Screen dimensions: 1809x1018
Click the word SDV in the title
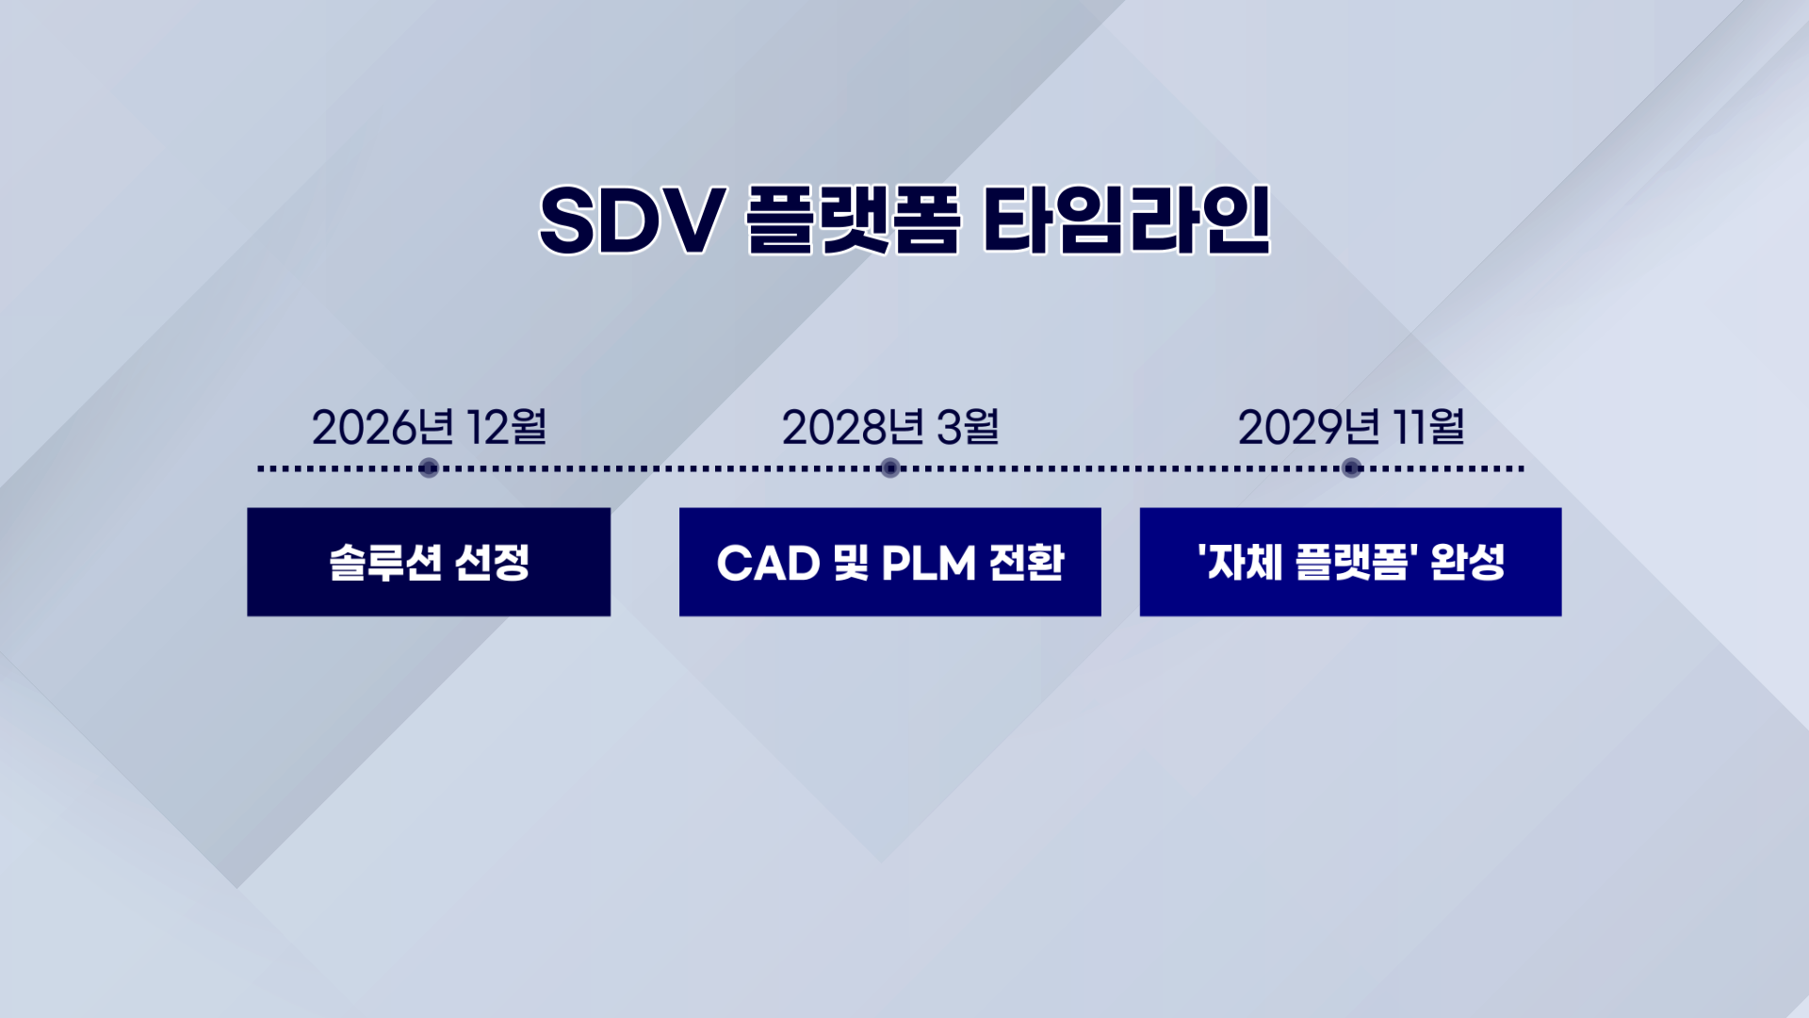631,221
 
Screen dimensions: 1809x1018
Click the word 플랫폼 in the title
853,221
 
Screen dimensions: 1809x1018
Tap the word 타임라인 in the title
1127,221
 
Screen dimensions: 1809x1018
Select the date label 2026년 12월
429,427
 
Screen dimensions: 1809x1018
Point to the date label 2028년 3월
890,427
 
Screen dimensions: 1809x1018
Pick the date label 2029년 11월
1351,427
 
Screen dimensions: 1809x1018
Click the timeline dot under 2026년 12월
429,468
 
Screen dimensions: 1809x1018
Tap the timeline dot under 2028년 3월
890,468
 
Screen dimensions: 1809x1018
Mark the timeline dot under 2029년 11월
1352,468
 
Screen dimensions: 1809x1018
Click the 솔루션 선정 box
429,562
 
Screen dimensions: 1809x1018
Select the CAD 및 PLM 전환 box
890,562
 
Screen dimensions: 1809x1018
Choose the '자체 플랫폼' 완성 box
1351,562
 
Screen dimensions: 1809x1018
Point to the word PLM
929,564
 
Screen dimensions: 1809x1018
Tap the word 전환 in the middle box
1027,563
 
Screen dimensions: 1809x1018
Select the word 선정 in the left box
492,563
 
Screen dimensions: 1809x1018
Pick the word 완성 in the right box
1468,563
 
